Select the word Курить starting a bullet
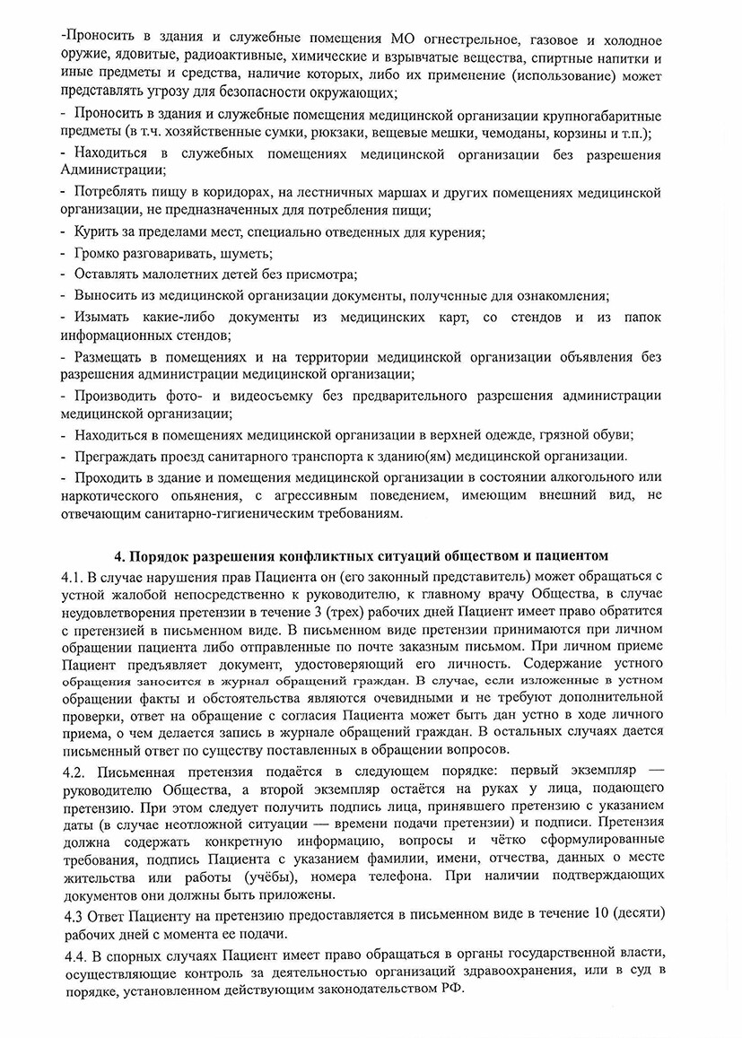click(x=95, y=232)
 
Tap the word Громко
click(x=100, y=254)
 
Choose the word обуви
click(x=611, y=435)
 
